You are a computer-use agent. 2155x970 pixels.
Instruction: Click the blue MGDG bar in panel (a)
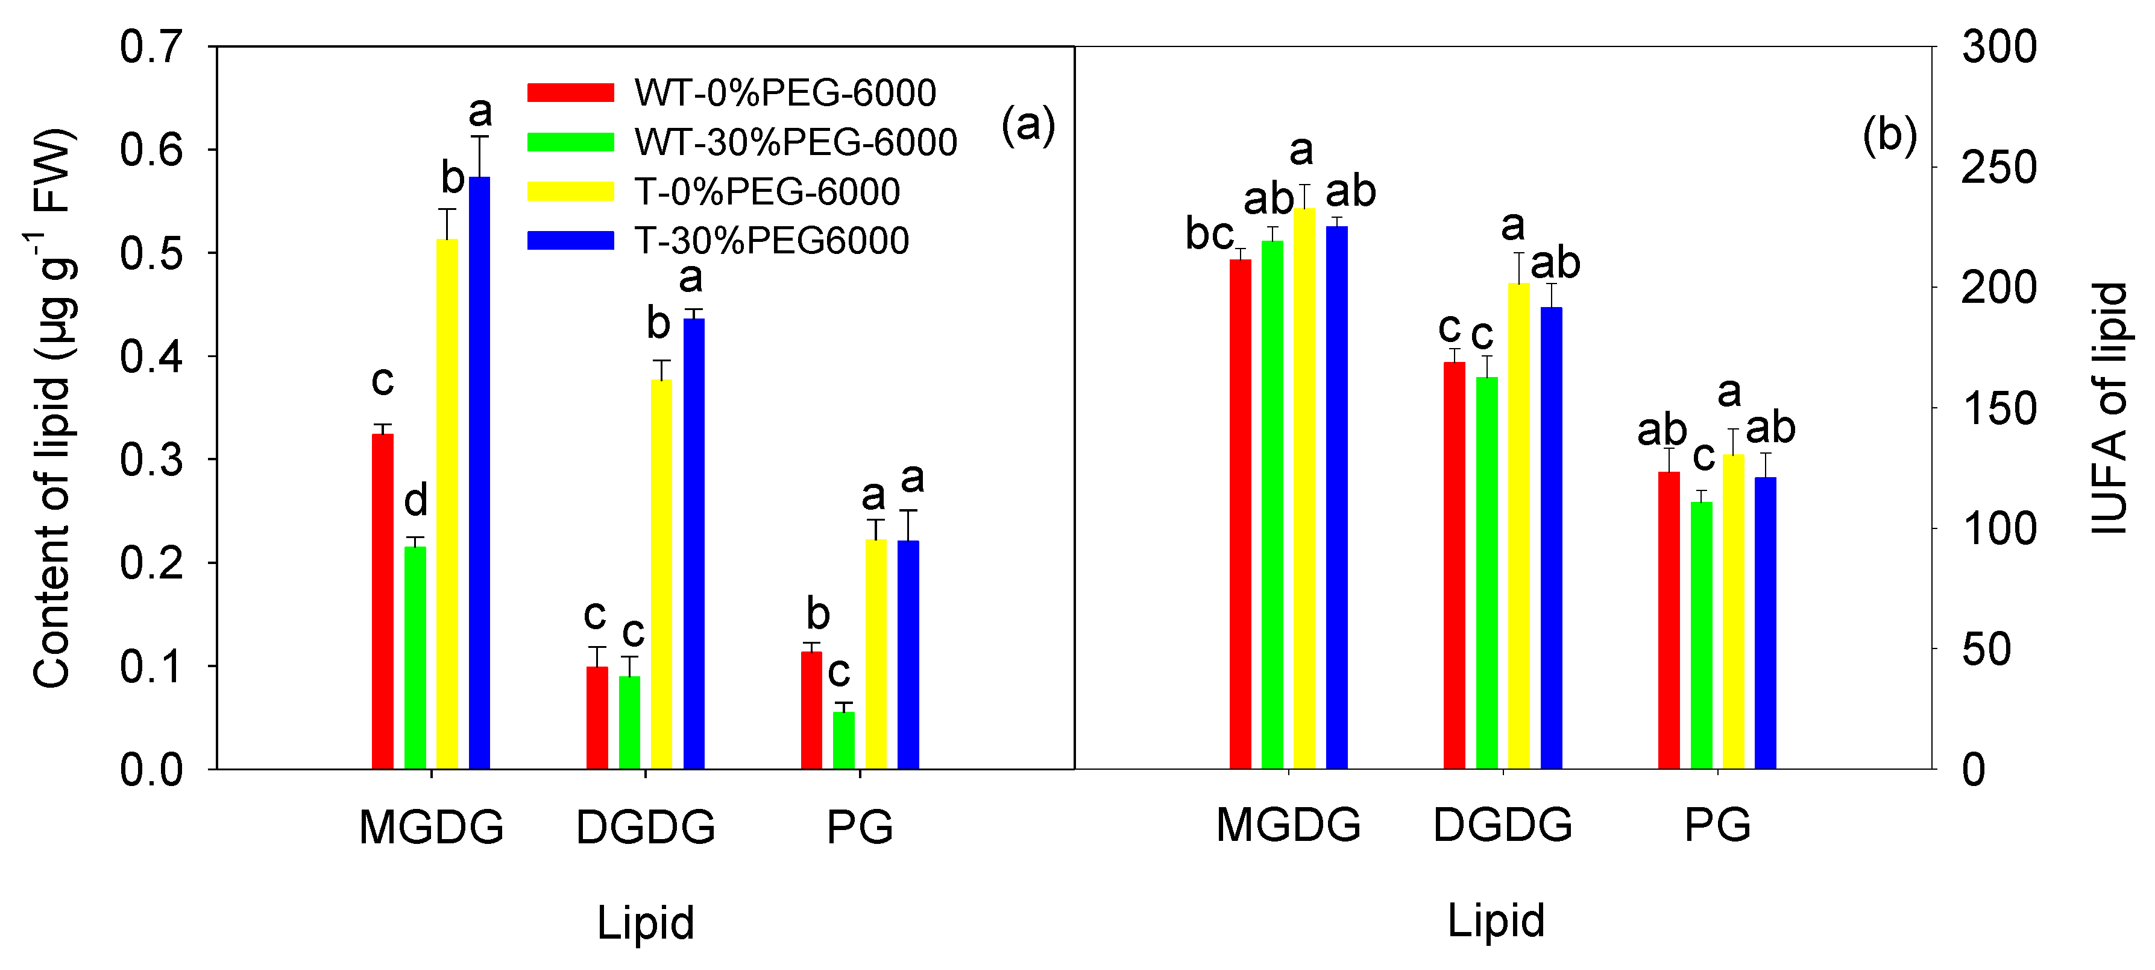(479, 473)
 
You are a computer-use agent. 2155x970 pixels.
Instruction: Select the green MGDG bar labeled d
(415, 657)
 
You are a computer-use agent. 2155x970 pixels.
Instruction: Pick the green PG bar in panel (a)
(844, 740)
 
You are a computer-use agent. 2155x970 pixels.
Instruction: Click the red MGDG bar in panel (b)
(1240, 514)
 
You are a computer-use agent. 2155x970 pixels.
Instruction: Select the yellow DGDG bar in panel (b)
(1518, 525)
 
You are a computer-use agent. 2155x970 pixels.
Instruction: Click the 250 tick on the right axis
(1998, 167)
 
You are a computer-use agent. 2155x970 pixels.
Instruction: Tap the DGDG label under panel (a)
(645, 827)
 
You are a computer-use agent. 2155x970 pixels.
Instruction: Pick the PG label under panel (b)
(1717, 825)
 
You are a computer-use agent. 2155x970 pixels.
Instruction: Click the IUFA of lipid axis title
(2108, 408)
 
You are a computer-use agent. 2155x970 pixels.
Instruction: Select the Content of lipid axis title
(52, 408)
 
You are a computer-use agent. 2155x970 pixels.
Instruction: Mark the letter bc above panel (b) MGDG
(1209, 233)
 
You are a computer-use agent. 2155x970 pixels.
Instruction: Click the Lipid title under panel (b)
(1496, 921)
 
